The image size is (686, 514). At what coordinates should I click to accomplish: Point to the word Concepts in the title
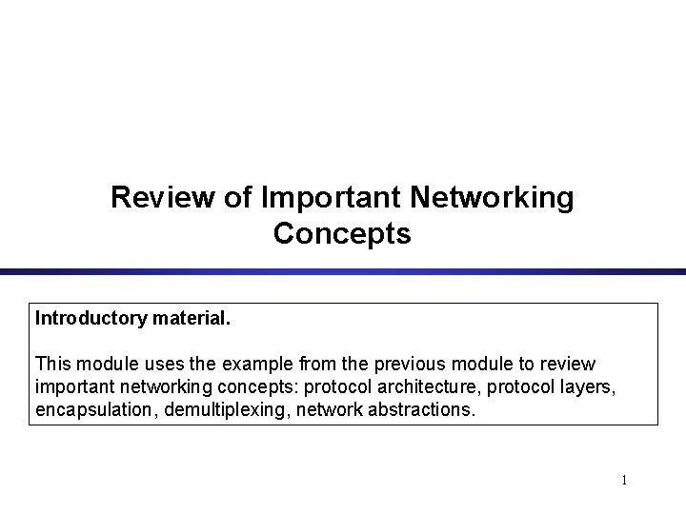[x=342, y=233]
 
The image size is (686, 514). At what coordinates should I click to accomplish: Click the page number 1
[x=624, y=481]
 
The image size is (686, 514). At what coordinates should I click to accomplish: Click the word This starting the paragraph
[x=51, y=365]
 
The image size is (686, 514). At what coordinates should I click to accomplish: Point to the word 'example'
[x=242, y=365]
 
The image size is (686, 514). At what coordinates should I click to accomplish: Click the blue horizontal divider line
[x=343, y=272]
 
